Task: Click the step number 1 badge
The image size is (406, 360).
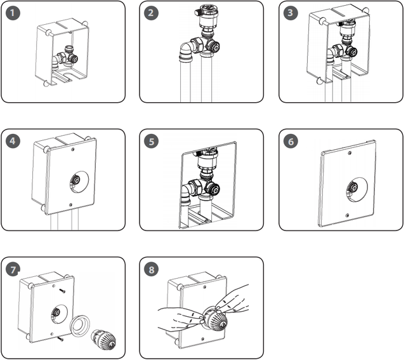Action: click(13, 13)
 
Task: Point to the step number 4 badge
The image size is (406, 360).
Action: click(13, 141)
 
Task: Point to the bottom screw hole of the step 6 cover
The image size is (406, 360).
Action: click(346, 215)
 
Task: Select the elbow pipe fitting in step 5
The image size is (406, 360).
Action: click(188, 190)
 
